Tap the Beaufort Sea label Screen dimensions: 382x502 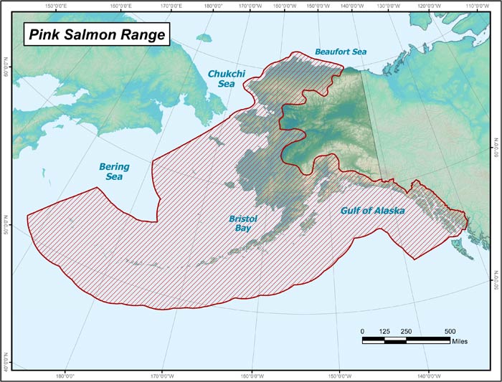pyautogui.click(x=340, y=52)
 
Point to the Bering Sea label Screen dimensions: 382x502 pyautogui.click(x=114, y=171)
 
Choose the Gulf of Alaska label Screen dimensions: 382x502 pyautogui.click(x=371, y=211)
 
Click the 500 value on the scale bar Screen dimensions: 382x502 pyautogui.click(x=450, y=330)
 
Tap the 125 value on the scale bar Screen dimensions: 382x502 pyautogui.click(x=384, y=330)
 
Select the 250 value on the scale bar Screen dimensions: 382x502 pyautogui.click(x=407, y=330)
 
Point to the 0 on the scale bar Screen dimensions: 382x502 pyautogui.click(x=363, y=330)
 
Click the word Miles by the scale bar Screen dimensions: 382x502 pyautogui.click(x=460, y=342)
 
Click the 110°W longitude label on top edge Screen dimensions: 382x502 pyautogui.click(x=478, y=6)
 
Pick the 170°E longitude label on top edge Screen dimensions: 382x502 pyautogui.click(x=170, y=6)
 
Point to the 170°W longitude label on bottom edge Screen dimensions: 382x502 pyautogui.click(x=161, y=375)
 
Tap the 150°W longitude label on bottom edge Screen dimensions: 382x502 pyautogui.click(x=340, y=375)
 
